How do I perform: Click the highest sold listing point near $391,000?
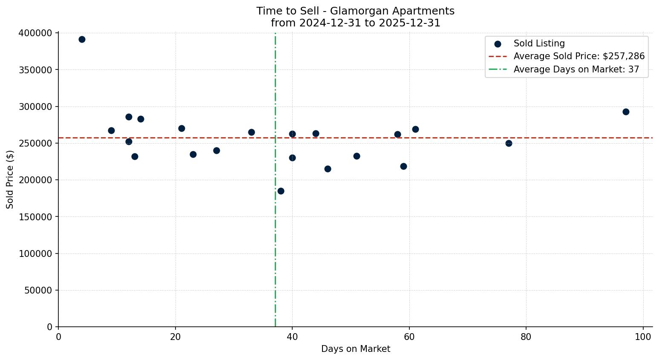[x=82, y=40]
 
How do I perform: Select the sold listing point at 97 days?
[x=626, y=112]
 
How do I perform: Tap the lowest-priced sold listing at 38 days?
[x=281, y=191]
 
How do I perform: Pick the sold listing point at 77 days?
[x=509, y=143]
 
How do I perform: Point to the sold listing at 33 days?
[x=251, y=132]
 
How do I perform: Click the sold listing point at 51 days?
[x=357, y=156]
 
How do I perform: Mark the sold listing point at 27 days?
[x=216, y=150]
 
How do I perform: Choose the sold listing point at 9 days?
[x=111, y=130]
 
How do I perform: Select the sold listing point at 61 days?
[x=415, y=129]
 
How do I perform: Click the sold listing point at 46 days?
[x=328, y=169]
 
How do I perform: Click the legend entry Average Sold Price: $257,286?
[x=579, y=56]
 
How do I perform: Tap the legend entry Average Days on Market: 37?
[x=576, y=69]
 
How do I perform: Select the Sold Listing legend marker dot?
[x=498, y=43]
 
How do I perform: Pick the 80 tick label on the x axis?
[x=526, y=337]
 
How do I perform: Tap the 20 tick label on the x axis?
[x=176, y=337]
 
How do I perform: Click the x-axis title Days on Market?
[x=356, y=349]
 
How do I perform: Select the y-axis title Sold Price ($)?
[x=10, y=179]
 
